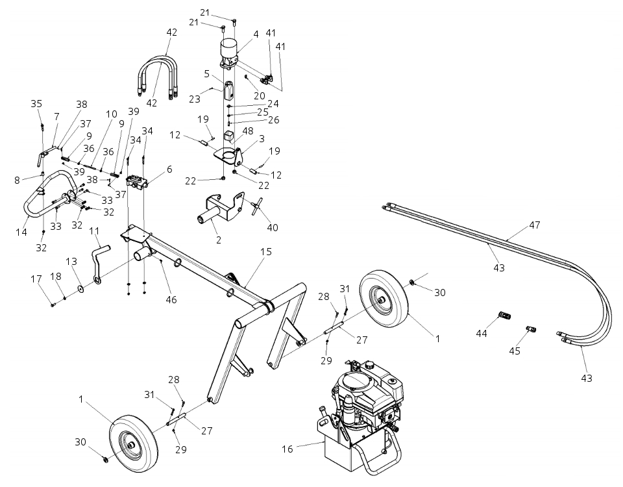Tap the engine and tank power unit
point(360,416)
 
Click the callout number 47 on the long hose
point(534,225)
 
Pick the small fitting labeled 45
point(530,329)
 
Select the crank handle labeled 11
point(100,257)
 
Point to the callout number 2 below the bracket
point(218,240)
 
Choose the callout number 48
point(248,131)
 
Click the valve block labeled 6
point(138,182)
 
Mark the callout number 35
point(36,103)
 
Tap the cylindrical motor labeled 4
point(229,51)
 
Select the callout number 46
point(171,300)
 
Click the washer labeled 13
point(79,287)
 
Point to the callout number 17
point(36,279)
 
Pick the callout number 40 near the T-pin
point(272,227)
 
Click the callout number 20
point(259,95)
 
